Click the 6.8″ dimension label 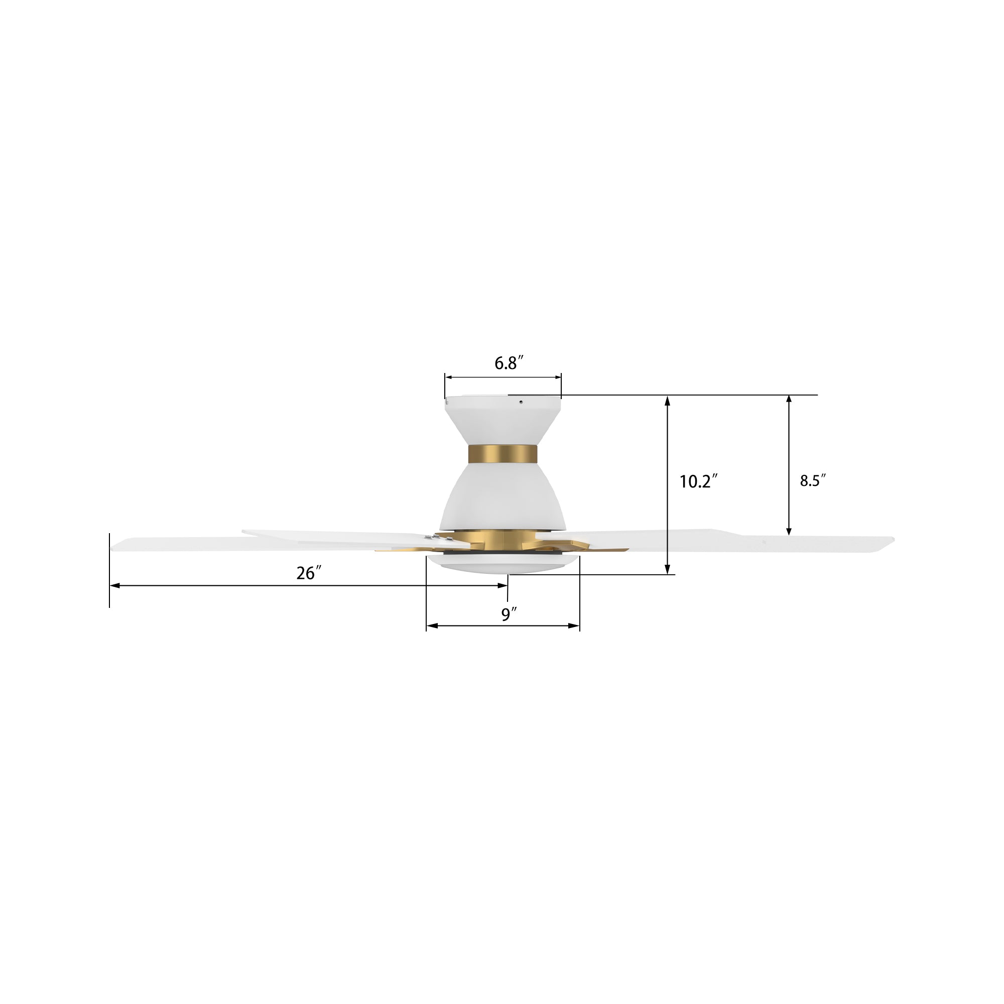point(508,363)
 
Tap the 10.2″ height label point(698,482)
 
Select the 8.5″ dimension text point(812,481)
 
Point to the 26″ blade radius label point(309,573)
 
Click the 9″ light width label point(509,615)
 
